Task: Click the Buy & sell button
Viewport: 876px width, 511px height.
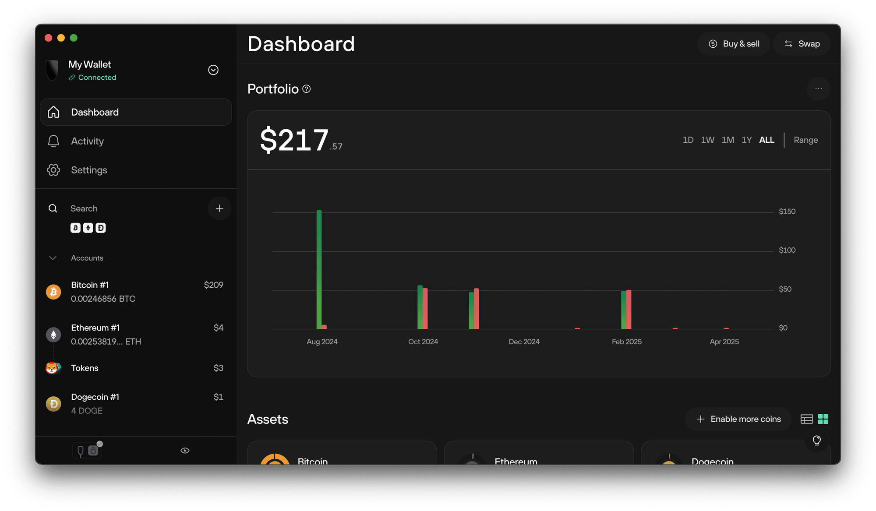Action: click(x=734, y=44)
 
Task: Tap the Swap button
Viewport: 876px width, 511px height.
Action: click(x=802, y=44)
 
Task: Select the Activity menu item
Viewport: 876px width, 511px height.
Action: click(x=87, y=141)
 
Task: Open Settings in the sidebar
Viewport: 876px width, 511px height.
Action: click(x=89, y=170)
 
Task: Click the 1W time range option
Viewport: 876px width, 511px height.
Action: click(x=707, y=140)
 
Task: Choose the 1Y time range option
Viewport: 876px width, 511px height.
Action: click(x=746, y=140)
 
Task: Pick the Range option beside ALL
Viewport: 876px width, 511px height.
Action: click(x=805, y=140)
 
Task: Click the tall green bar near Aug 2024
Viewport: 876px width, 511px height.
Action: click(x=319, y=269)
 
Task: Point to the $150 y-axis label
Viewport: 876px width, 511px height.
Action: click(x=787, y=211)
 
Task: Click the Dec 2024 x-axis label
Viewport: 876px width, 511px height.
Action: click(x=524, y=342)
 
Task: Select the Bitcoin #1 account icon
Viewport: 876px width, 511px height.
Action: click(x=53, y=292)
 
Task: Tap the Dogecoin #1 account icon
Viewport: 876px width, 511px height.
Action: click(x=53, y=404)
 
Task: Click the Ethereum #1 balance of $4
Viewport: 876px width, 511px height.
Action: click(x=218, y=328)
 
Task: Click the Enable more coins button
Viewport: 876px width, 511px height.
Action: click(x=738, y=419)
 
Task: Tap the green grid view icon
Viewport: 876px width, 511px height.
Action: click(x=823, y=419)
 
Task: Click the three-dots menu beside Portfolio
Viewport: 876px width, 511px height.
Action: click(x=818, y=89)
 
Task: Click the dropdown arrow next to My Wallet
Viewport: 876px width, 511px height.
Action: click(x=213, y=70)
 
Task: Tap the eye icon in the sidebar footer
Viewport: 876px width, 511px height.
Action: click(x=185, y=451)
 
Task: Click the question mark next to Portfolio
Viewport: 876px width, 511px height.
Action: click(x=307, y=89)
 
